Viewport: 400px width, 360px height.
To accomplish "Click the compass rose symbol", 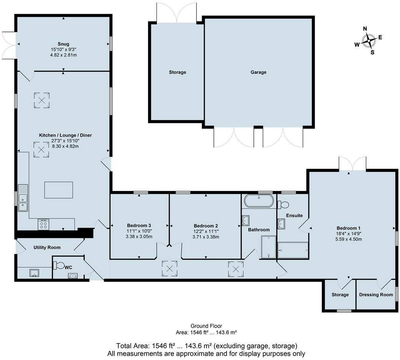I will click(369, 40).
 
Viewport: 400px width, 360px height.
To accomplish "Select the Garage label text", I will click(258, 72).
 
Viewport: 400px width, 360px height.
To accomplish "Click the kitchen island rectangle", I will click(58, 190).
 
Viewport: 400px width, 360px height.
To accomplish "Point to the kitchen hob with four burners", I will click(43, 224).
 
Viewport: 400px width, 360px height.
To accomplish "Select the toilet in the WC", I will click(59, 265).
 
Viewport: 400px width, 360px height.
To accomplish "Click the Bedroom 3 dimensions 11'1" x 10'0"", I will click(139, 231).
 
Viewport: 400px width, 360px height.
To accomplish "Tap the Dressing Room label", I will click(376, 295).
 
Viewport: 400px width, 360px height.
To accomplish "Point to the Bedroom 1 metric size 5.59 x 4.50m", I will click(348, 239).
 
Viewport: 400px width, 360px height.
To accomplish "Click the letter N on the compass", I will click(365, 28).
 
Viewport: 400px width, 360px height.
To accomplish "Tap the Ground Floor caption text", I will click(206, 326).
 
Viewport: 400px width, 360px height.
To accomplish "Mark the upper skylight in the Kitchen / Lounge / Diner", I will click(42, 100).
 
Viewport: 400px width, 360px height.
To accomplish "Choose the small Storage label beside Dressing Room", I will click(340, 295).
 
